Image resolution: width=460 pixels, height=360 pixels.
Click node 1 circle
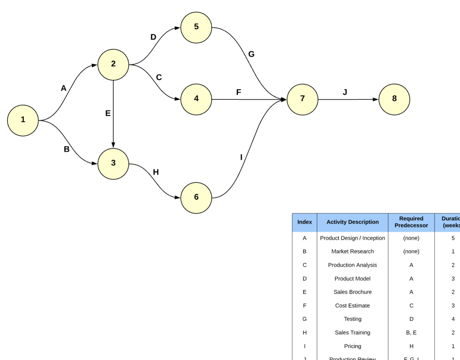[23, 120]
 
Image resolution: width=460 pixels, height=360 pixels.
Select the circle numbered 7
[302, 99]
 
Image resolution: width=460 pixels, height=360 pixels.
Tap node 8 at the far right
[394, 99]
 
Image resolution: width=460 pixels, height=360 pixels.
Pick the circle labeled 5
[196, 27]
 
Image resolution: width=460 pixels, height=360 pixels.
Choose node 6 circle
[196, 198]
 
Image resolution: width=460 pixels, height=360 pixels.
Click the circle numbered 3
[113, 164]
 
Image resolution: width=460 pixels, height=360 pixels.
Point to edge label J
[345, 92]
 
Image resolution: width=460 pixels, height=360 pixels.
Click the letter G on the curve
[251, 54]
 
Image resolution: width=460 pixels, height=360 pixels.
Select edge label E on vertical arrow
[108, 113]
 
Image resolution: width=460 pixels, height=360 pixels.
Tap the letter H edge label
[156, 172]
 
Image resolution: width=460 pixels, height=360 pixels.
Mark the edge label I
[241, 157]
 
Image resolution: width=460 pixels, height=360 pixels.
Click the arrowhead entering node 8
[375, 99]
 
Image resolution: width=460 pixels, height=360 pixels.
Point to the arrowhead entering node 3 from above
[113, 145]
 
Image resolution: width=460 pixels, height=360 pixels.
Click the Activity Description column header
[352, 222]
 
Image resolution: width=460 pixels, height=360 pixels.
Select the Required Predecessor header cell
[411, 222]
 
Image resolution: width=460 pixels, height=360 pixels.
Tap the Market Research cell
[352, 252]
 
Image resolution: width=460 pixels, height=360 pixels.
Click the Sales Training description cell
[352, 333]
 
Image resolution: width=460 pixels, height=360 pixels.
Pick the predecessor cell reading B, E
[411, 333]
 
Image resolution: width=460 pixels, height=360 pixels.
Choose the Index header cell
[305, 222]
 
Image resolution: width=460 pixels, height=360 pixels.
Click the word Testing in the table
[352, 319]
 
